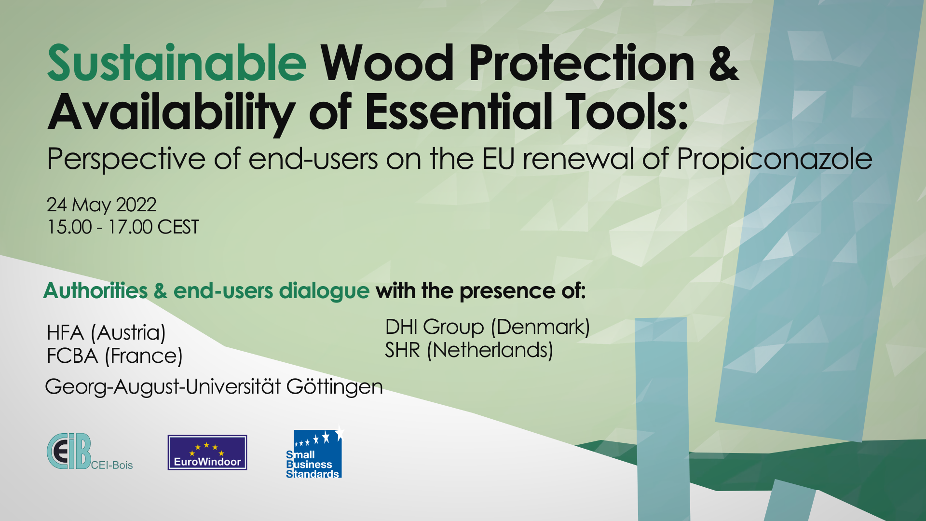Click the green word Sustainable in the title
177,63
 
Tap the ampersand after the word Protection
723,63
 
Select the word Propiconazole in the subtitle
775,159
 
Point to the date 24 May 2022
101,205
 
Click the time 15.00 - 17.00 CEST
123,227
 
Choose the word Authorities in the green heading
95,290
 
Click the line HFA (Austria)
106,333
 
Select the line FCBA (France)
115,356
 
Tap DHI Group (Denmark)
488,327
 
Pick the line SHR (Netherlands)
469,350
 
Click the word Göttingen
335,386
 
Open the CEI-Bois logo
90,452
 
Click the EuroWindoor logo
207,452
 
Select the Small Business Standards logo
314,452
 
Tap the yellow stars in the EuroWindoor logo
207,449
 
